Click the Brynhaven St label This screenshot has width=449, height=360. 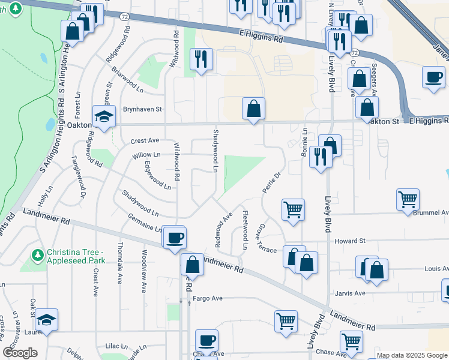[x=143, y=110]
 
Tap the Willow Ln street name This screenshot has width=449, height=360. [x=146, y=155]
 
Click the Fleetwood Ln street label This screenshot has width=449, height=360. [x=245, y=230]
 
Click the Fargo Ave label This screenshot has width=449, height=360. [x=207, y=298]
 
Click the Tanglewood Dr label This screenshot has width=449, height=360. [x=79, y=176]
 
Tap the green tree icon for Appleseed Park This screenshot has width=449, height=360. [x=38, y=256]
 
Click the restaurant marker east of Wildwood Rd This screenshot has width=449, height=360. [x=200, y=58]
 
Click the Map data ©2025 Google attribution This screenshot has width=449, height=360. [x=411, y=355]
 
